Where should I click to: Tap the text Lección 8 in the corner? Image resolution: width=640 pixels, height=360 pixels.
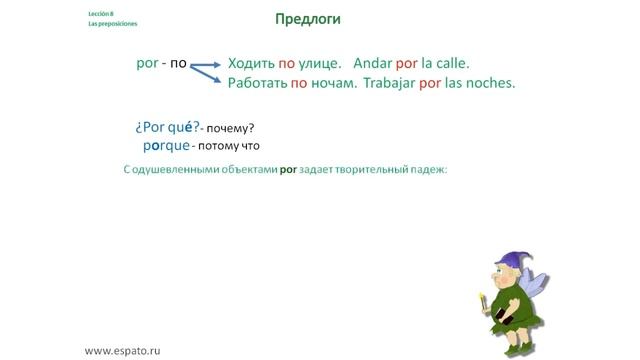pos(101,13)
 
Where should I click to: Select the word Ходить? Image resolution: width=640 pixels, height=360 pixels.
pos(254,62)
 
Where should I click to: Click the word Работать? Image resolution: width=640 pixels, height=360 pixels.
pos(258,83)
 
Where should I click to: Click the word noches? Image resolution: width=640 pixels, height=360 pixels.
pos(492,83)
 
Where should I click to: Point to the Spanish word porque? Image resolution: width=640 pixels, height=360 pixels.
pos(165,145)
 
